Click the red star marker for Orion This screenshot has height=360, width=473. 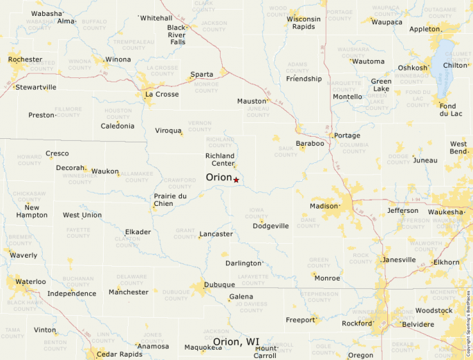pyautogui.click(x=236, y=180)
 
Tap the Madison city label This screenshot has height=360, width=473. pyautogui.click(x=323, y=206)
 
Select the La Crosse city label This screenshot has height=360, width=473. pyautogui.click(x=161, y=94)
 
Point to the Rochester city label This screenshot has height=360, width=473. pyautogui.click(x=25, y=59)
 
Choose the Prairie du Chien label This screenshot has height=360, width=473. pyautogui.click(x=169, y=200)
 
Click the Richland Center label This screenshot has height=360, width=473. pyautogui.click(x=220, y=160)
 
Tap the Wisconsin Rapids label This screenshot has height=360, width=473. pyautogui.click(x=304, y=23)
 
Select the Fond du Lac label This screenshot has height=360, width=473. pyautogui.click(x=452, y=110)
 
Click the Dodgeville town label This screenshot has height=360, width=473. pyautogui.click(x=270, y=226)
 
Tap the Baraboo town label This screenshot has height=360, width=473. pyautogui.click(x=309, y=144)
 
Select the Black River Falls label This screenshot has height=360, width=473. pyautogui.click(x=176, y=35)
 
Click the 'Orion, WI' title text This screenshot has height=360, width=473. pyautogui.click(x=236, y=342)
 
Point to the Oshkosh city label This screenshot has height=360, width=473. pyautogui.click(x=412, y=68)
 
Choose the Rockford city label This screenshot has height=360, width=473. pyautogui.click(x=357, y=323)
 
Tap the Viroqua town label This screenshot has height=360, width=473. pyautogui.click(x=167, y=130)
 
